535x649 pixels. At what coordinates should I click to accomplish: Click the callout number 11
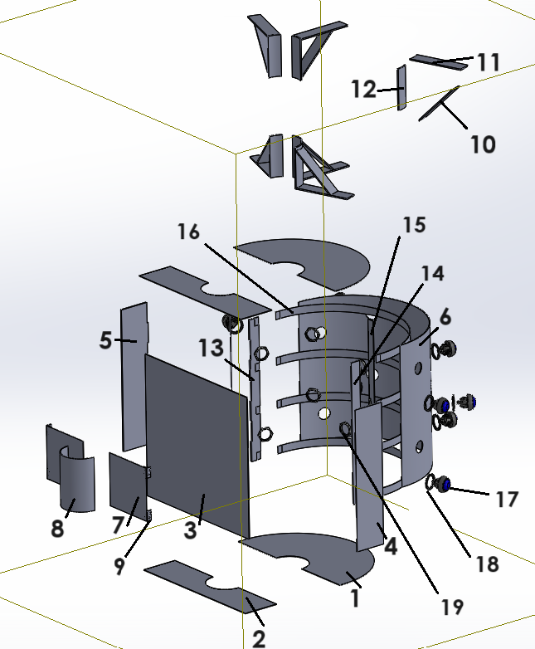[489, 62]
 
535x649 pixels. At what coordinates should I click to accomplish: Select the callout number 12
[363, 89]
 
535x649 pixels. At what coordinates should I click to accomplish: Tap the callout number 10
[483, 144]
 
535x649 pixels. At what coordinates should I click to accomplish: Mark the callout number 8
[57, 528]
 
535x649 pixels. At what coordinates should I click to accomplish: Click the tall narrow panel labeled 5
[134, 373]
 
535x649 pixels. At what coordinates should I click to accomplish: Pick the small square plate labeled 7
[126, 481]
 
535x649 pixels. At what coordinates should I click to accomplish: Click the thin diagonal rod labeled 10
[440, 104]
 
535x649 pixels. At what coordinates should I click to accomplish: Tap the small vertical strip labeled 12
[401, 86]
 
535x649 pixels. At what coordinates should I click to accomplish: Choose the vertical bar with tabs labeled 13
[254, 390]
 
